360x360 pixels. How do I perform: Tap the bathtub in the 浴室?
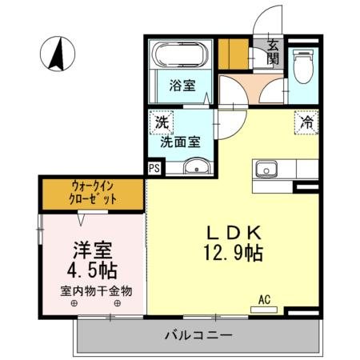click(182, 58)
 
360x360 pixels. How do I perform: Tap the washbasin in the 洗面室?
click(195, 167)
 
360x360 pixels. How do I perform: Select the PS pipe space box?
click(154, 168)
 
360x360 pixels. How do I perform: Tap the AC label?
click(264, 300)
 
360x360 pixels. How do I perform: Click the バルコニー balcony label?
click(200, 334)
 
